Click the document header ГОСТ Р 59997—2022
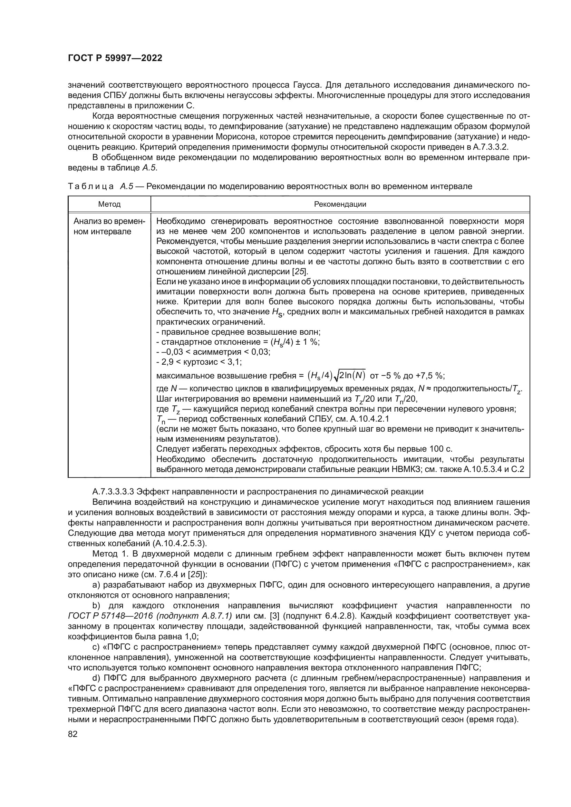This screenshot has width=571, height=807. tap(115, 58)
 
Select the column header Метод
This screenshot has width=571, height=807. tap(109, 204)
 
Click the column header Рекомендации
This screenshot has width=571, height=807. tap(340, 204)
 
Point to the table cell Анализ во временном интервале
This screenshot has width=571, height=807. tap(109, 226)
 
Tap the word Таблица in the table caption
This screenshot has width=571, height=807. tap(91, 187)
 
